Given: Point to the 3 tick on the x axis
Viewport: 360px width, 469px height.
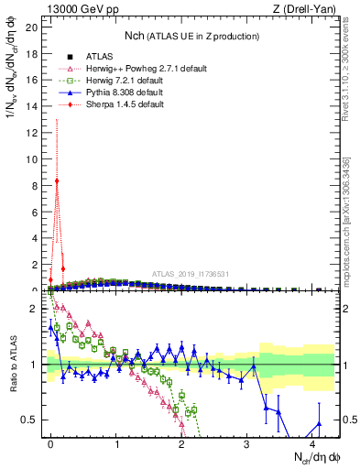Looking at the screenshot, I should [x=247, y=442].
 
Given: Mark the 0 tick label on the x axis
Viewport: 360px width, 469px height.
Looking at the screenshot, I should [x=51, y=442].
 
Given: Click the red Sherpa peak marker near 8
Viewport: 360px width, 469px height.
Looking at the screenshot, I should [x=57, y=180].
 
